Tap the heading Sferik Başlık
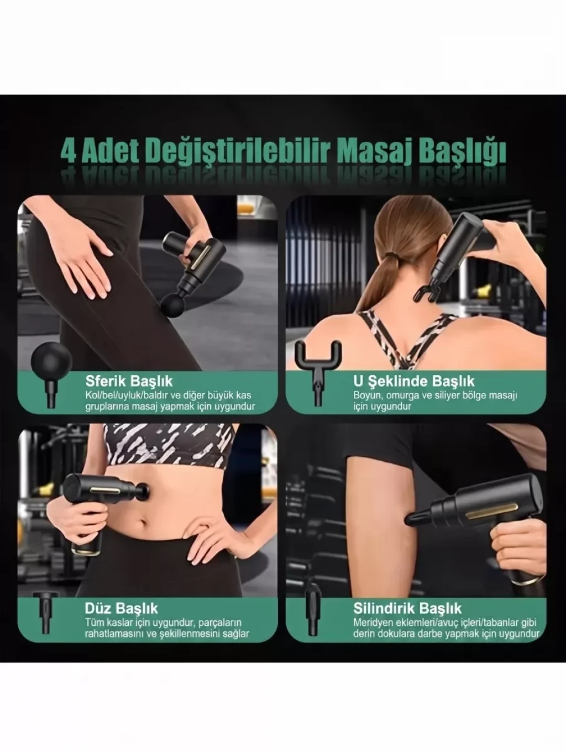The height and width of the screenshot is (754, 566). click(129, 381)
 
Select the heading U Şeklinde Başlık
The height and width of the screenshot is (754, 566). click(414, 381)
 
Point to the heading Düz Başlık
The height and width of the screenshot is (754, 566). click(121, 608)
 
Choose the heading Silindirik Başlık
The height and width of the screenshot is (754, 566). click(407, 608)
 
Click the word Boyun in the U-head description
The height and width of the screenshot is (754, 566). click(367, 396)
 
